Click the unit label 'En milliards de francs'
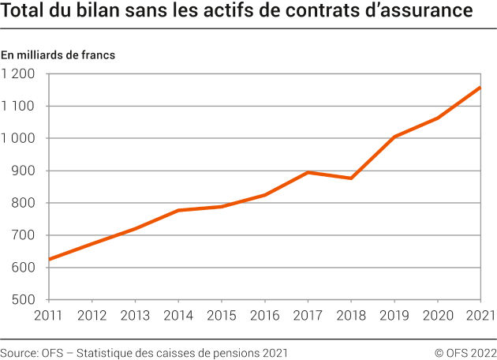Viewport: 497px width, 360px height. pos(58,55)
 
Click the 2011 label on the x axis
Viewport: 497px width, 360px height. pos(49,316)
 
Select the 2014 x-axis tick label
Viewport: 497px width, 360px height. pos(178,316)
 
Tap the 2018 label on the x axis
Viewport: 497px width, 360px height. pos(351,316)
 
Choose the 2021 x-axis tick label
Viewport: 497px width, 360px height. pos(480,316)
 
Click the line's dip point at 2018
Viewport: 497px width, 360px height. pos(351,178)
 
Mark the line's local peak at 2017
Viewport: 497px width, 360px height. pos(308,172)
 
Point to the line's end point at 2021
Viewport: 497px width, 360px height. pos(480,87)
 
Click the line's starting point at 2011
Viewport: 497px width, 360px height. pos(50,259)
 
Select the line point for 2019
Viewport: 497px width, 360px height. pos(394,137)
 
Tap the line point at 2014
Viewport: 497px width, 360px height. pos(178,210)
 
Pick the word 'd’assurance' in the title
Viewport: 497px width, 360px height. pos(423,13)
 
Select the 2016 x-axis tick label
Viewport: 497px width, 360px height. pos(264,316)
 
